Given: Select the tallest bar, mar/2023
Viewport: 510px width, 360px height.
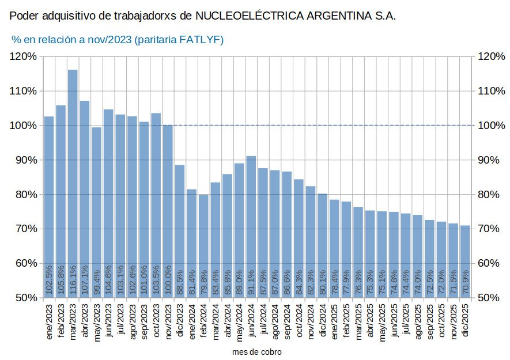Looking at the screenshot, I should pyautogui.click(x=73, y=173).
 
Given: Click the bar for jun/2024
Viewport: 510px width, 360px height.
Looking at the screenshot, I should pyautogui.click(x=251, y=219).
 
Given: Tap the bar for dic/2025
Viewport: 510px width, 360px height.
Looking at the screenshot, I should pyautogui.click(x=465, y=253).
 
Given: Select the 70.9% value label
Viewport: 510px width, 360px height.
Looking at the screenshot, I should pyautogui.click(x=465, y=283).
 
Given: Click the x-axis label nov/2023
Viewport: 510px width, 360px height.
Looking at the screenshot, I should pyautogui.click(x=168, y=322).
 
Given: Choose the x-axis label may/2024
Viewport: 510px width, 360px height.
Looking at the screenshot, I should pyautogui.click(x=239, y=322).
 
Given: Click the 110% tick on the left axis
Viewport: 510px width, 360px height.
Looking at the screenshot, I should pyautogui.click(x=24, y=91).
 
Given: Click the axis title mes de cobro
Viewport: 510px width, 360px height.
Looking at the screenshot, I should pyautogui.click(x=257, y=351).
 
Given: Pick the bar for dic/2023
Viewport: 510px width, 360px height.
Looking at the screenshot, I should pyautogui.click(x=180, y=230).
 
